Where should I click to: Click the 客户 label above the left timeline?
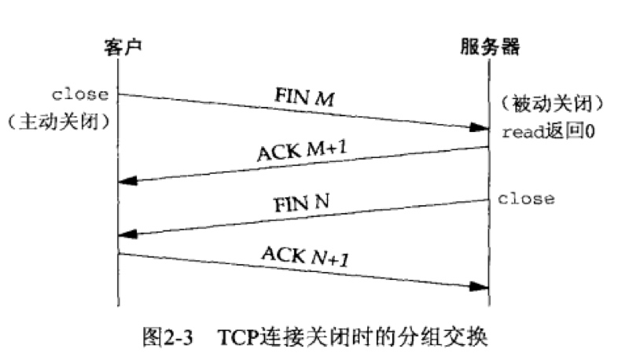[119, 48]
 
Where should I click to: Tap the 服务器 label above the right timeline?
[488, 48]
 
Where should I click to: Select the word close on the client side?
[80, 94]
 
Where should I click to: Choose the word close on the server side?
[526, 198]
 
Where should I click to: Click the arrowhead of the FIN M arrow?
[479, 127]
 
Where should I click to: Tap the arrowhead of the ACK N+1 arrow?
[479, 288]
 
